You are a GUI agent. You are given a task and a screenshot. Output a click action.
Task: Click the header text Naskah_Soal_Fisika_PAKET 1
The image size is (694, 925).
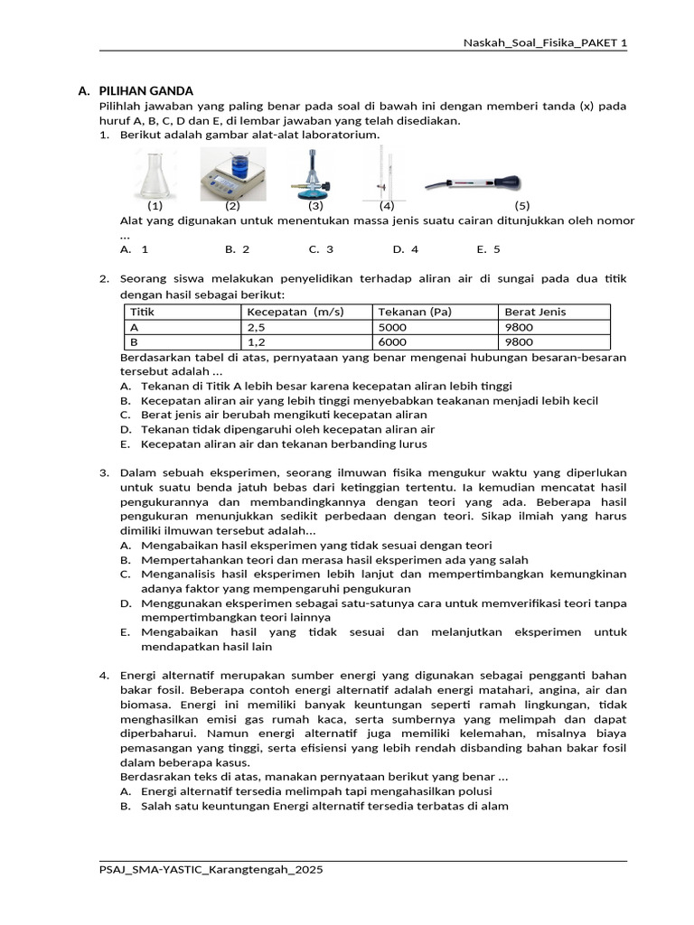tap(545, 42)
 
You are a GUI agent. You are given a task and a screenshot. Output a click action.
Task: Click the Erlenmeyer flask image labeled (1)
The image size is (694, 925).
tap(147, 173)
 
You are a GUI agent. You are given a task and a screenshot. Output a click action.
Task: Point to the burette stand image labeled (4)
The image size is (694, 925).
tap(384, 175)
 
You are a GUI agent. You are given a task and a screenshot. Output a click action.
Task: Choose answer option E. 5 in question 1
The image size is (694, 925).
tap(488, 248)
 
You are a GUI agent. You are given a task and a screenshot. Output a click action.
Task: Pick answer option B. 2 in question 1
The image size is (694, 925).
tap(237, 248)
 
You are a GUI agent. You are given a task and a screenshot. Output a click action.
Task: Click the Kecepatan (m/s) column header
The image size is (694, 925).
tap(295, 312)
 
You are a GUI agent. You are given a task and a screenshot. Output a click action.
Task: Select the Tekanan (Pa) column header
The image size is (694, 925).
tap(414, 312)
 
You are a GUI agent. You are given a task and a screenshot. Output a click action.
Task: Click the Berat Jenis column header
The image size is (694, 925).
tap(535, 312)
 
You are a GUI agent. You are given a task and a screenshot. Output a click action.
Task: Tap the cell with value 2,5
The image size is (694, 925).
tap(256, 327)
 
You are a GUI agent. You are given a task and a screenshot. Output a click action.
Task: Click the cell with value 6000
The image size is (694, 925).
tap(393, 342)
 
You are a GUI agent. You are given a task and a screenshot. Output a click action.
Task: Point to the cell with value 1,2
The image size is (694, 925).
tap(256, 342)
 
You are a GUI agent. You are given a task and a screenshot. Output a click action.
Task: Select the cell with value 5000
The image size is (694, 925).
tap(393, 327)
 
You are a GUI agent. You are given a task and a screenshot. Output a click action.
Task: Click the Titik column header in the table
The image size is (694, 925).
tap(143, 312)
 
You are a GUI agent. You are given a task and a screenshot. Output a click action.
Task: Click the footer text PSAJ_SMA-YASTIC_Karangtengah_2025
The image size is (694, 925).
tap(211, 869)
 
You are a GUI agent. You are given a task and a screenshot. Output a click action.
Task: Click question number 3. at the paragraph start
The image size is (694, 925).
tap(104, 472)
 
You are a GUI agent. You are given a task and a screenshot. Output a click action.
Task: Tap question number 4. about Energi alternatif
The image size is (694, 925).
tap(104, 675)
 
